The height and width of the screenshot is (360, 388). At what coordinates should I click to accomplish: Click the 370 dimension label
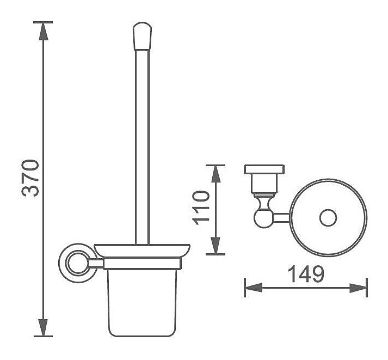(x=30, y=178)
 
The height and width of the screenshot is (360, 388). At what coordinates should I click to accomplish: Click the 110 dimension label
(x=201, y=208)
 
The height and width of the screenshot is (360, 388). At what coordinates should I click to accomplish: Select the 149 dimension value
(x=306, y=274)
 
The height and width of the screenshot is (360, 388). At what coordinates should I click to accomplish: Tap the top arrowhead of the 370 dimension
(x=44, y=31)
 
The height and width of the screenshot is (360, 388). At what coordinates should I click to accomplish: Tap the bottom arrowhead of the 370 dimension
(x=43, y=327)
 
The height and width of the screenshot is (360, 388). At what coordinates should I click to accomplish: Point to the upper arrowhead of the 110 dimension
(x=216, y=174)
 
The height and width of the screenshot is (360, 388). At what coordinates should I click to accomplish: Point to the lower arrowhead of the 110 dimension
(x=216, y=246)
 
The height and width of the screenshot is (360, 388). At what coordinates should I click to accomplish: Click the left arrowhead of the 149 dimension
(x=254, y=288)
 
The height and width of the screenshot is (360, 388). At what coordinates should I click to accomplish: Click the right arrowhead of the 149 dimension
(x=358, y=288)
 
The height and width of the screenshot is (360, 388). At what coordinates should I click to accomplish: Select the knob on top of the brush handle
(x=142, y=36)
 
